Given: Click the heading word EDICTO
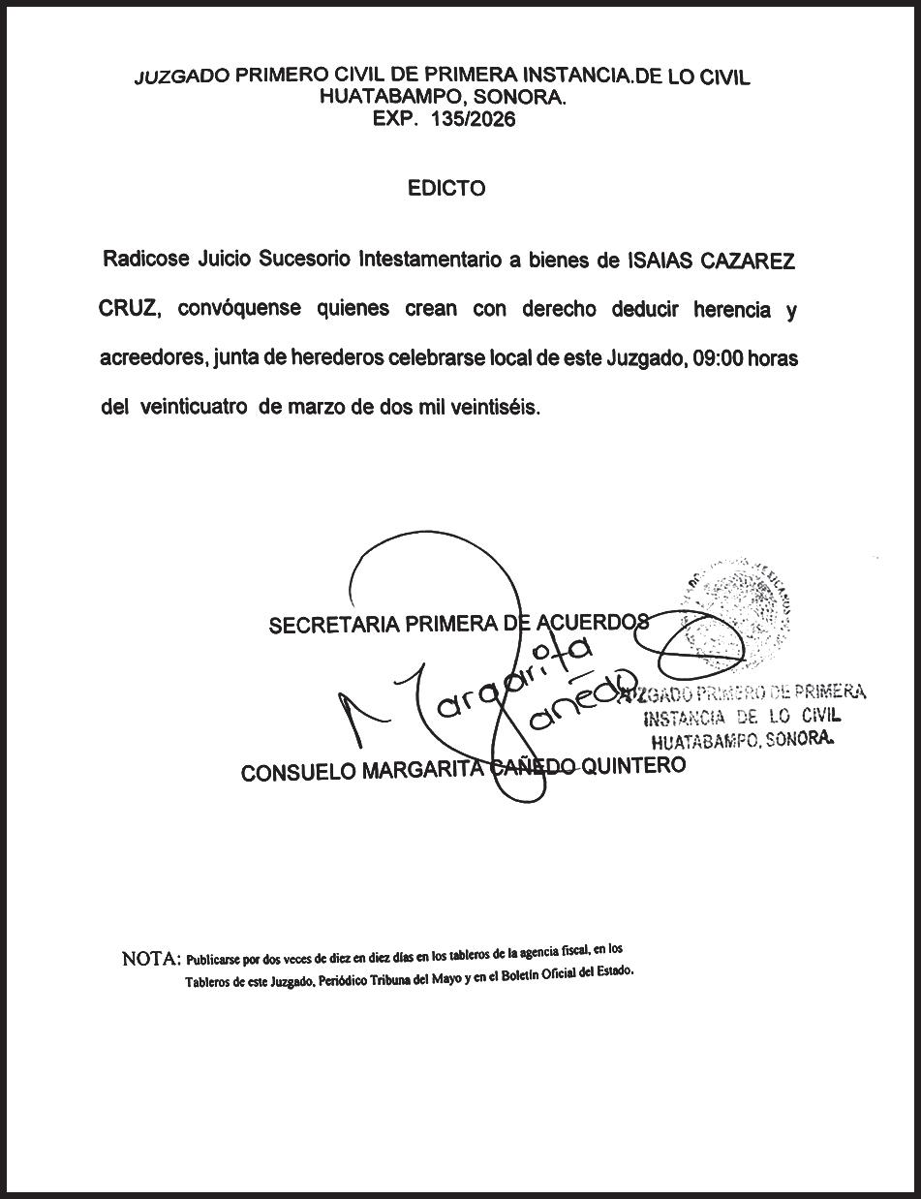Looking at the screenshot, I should click(x=446, y=189).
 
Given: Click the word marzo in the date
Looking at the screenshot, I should click(x=315, y=408).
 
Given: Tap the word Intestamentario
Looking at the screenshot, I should click(x=430, y=261).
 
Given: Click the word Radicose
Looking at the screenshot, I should click(x=144, y=261).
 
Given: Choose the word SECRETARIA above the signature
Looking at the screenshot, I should click(x=333, y=626).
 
